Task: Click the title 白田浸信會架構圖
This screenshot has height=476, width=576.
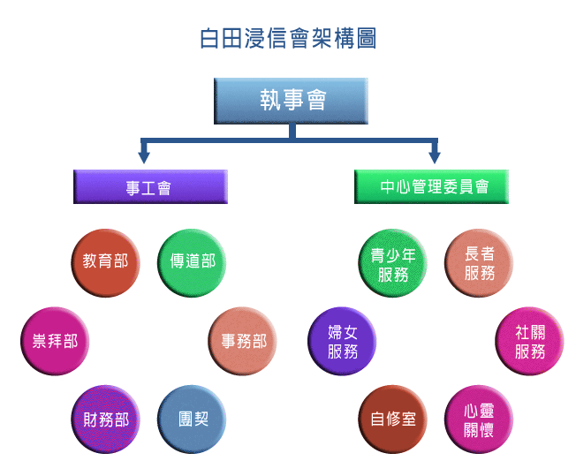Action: coord(288,40)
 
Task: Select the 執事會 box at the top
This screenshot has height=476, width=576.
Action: coord(291,100)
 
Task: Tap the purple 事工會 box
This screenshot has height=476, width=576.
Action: coord(150,187)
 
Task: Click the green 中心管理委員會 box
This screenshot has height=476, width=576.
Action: coord(432,187)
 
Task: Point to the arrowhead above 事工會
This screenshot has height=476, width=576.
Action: coord(144,156)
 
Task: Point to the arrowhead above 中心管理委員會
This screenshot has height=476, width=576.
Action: coord(435,156)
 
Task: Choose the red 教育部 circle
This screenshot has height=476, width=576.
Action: coord(105,262)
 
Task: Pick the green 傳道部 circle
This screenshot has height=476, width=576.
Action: coord(192,262)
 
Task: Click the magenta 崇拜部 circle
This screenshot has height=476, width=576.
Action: coord(53,341)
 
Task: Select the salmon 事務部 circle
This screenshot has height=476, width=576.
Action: coord(243,341)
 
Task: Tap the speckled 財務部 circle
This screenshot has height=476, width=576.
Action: coord(105,419)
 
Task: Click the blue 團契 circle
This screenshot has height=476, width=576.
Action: coord(192,419)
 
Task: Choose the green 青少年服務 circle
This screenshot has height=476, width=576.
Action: coord(393,264)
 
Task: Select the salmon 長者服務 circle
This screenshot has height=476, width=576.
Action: coord(479,264)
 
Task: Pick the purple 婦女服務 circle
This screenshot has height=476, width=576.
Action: coord(342,341)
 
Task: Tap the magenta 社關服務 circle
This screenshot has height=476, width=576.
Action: coord(530,341)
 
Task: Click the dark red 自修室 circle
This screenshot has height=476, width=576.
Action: coord(393,419)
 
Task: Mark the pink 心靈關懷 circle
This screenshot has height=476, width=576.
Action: coord(479,419)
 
